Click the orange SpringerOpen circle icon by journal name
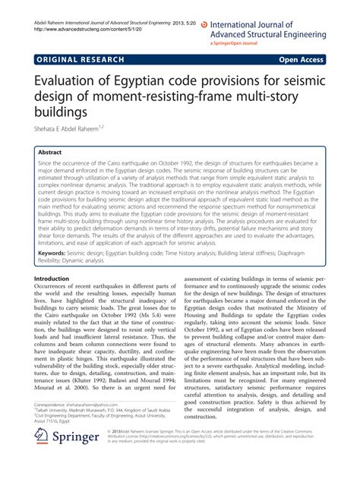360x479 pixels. (x=215, y=14)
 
